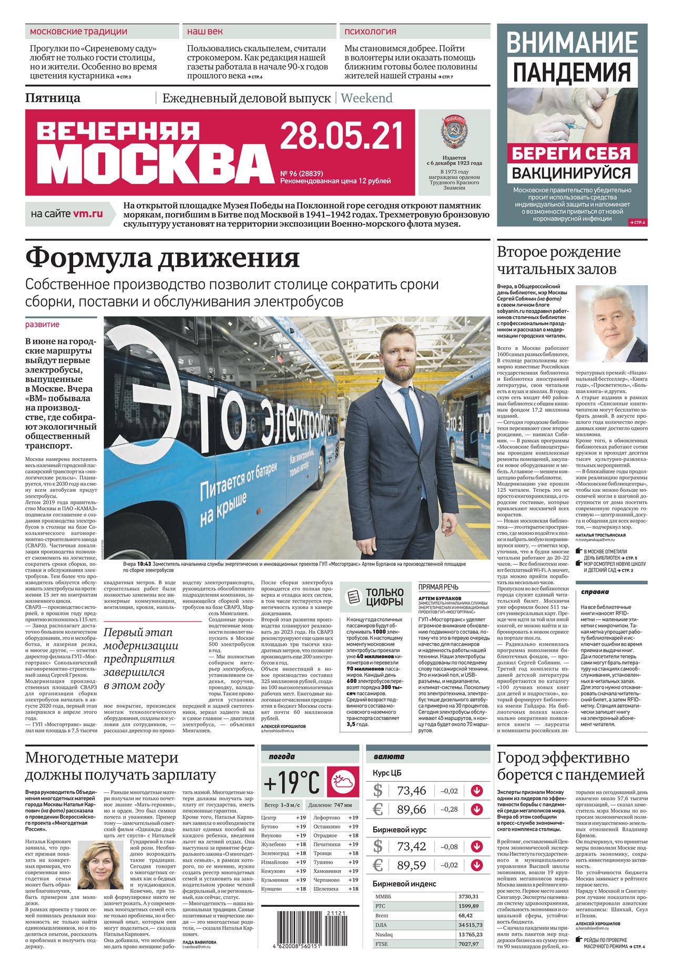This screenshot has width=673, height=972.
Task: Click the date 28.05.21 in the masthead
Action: point(341,136)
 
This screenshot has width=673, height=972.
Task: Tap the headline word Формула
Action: point(87,258)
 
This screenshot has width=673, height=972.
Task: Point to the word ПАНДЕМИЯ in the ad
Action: point(572,72)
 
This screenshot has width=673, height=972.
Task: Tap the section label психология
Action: point(370,32)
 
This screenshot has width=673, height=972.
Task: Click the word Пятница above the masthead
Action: point(53,98)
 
